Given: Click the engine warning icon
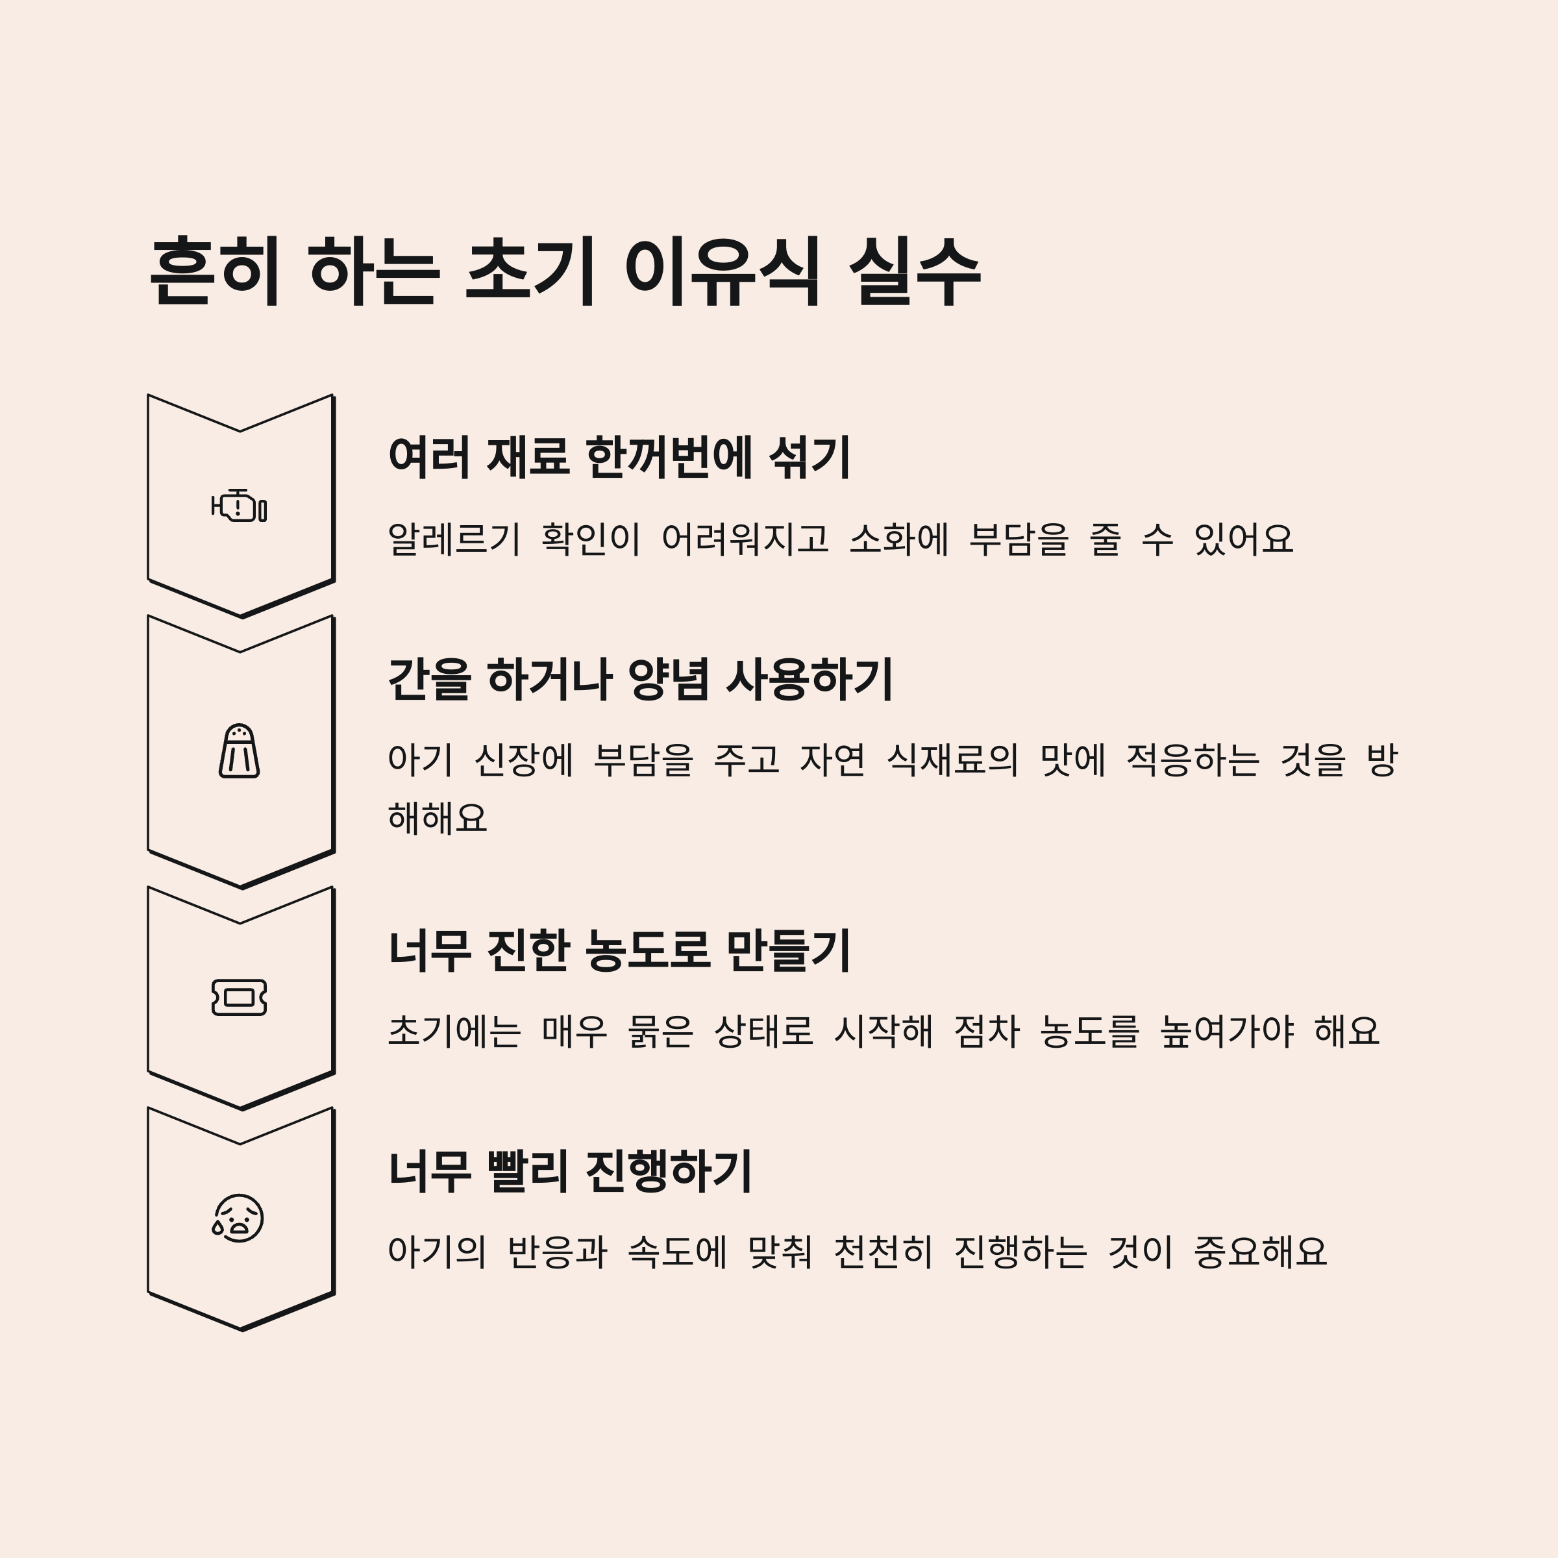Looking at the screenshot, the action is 239,506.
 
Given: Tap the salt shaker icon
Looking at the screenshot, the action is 239,751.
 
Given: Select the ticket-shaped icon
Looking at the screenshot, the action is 239,998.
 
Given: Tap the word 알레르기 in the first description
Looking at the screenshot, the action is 454,539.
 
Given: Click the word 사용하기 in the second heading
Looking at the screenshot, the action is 809,679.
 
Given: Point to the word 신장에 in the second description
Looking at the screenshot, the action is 523,760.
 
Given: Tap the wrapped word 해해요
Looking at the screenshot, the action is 437,818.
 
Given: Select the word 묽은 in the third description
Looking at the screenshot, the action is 660,1031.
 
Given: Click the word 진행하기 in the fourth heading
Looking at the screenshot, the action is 668,1171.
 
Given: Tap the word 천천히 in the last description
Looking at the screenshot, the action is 882,1252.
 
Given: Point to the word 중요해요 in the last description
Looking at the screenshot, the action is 1259,1252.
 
